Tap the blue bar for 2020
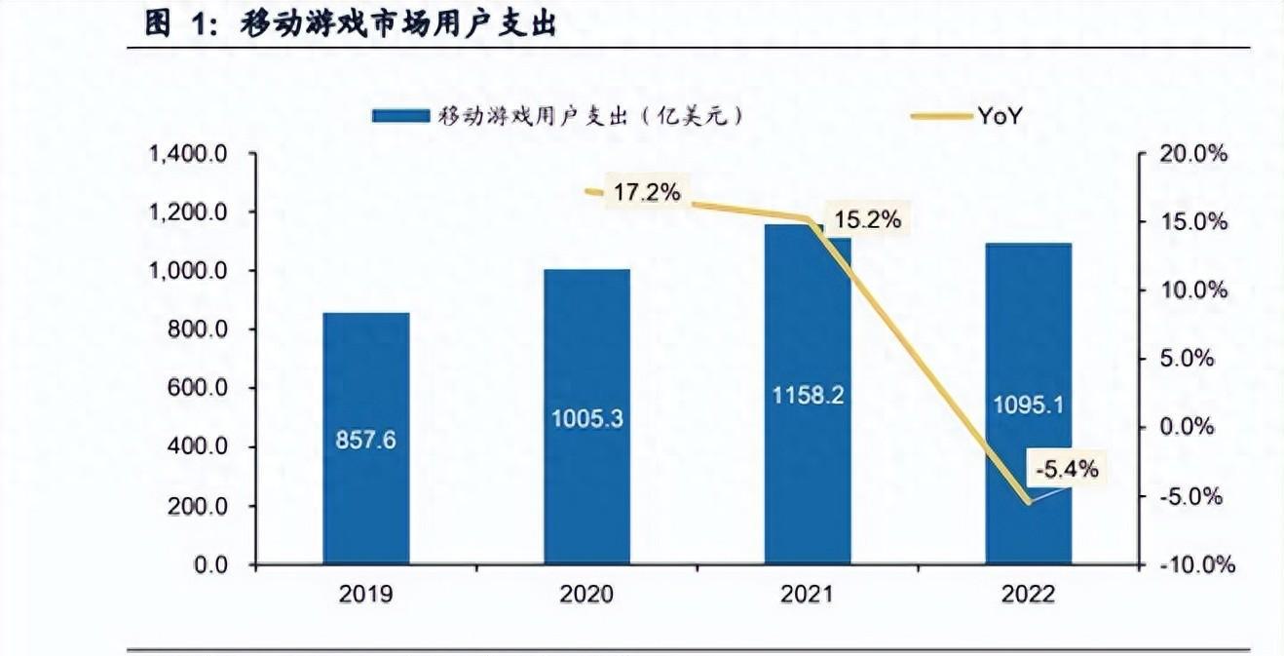tap(586, 341)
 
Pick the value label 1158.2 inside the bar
tap(808, 396)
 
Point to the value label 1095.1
tap(1028, 404)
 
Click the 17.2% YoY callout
tap(647, 193)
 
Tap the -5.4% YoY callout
tap(1066, 470)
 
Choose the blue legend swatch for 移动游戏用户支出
tap(399, 116)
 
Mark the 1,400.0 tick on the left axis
tap(188, 154)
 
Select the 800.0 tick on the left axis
tap(200, 329)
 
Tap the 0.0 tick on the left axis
tap(211, 564)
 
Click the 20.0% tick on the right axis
tap(1195, 154)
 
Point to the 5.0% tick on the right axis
tap(1188, 359)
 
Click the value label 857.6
tap(366, 440)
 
